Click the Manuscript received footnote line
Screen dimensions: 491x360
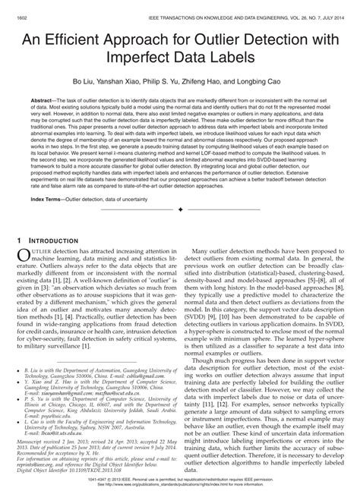point(91,441)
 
